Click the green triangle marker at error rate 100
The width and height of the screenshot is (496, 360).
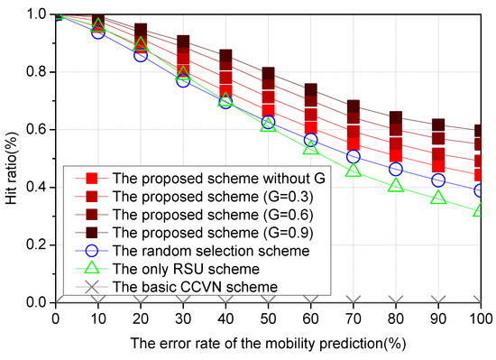482,210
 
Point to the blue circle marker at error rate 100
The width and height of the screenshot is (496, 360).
482,190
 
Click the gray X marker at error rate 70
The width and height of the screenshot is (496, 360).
354,301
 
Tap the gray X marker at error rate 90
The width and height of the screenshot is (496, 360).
439,301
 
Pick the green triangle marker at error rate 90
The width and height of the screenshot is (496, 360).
439,197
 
